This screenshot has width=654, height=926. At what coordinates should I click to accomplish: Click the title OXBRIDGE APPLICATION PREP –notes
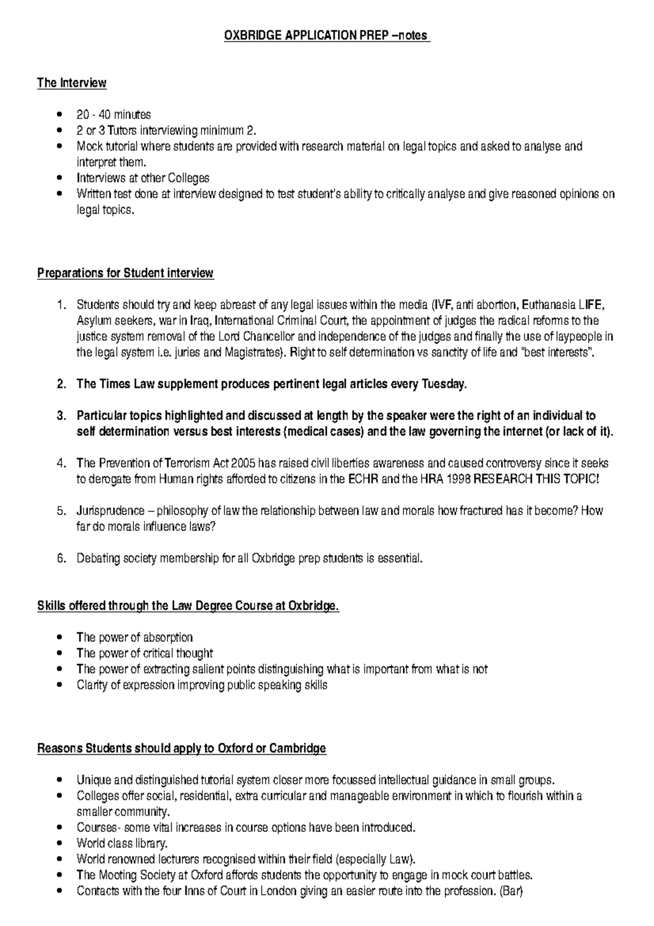(327, 36)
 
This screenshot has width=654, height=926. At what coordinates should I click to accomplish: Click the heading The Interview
(71, 83)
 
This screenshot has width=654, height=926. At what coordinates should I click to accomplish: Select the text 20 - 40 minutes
(114, 115)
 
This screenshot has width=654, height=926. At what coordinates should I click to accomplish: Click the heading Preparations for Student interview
(125, 273)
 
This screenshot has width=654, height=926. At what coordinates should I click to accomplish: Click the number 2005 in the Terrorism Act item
(244, 464)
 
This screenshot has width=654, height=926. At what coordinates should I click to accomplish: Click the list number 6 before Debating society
(61, 558)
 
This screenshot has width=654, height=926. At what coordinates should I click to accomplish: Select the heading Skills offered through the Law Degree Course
(188, 606)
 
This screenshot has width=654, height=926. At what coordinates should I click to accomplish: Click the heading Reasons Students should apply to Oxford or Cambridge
(181, 748)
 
